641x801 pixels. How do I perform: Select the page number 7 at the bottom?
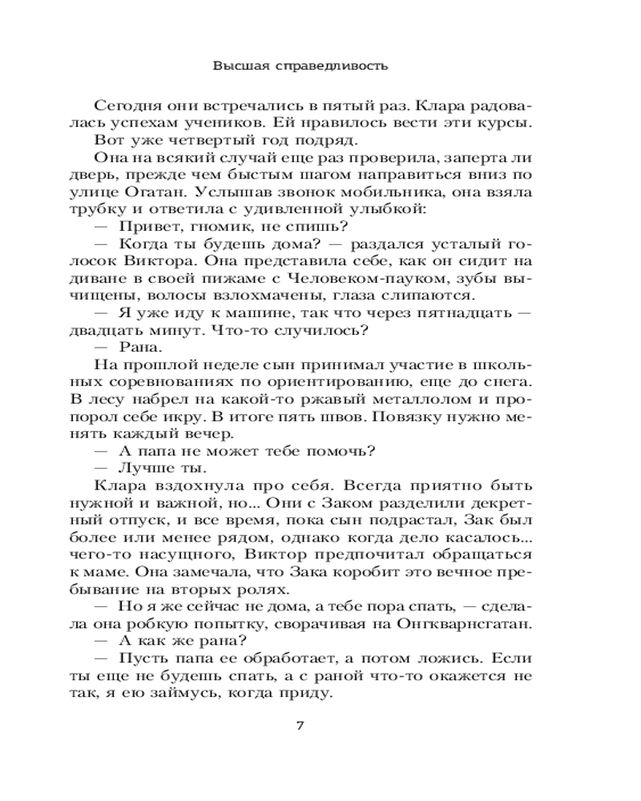click(299, 726)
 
